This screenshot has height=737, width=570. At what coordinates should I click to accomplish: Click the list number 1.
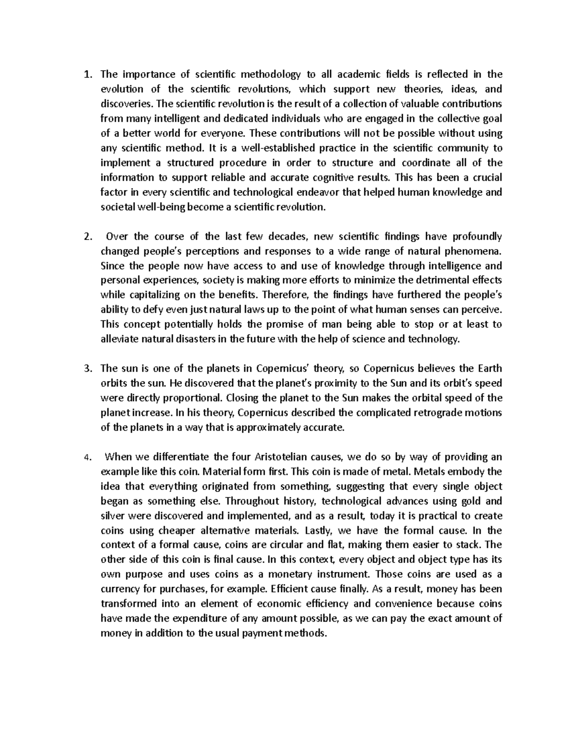pyautogui.click(x=86, y=74)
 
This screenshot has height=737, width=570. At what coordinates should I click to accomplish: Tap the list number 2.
pyautogui.click(x=86, y=236)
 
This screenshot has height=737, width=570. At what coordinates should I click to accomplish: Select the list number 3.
pyautogui.click(x=86, y=369)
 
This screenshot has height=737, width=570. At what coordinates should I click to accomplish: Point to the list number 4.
pyautogui.click(x=86, y=457)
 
